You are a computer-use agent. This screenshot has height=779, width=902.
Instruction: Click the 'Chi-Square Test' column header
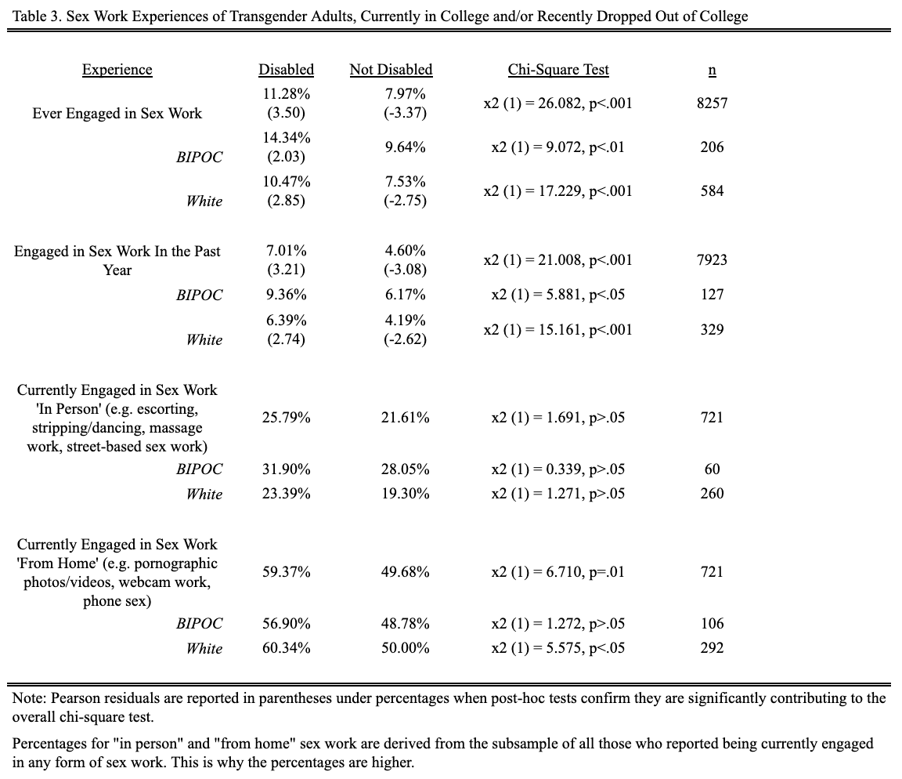click(x=558, y=70)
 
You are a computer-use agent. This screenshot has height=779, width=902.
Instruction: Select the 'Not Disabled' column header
click(x=391, y=70)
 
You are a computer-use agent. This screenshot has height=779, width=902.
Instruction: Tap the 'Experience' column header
click(x=117, y=70)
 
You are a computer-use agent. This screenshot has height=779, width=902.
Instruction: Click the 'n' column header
click(x=713, y=71)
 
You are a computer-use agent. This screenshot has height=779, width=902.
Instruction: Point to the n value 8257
click(x=713, y=103)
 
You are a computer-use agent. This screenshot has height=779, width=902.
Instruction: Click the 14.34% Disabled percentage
click(x=287, y=138)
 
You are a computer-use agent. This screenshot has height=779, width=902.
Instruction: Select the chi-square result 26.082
click(x=558, y=103)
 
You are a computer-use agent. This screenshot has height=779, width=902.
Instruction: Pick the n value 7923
click(x=713, y=259)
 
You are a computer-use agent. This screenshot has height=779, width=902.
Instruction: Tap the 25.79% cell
click(x=287, y=418)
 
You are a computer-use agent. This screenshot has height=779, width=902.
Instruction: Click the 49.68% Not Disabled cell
click(x=405, y=572)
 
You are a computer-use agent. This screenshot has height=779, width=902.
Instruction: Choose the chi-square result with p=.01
click(x=558, y=572)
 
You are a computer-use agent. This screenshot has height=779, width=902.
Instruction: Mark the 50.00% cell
click(x=405, y=647)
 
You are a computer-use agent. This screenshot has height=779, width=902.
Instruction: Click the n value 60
click(x=713, y=469)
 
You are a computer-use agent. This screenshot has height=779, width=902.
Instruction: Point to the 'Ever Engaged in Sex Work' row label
click(x=117, y=114)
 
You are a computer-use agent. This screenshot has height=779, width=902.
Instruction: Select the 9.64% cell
click(x=405, y=147)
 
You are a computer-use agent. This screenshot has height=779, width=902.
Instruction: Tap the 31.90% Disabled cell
click(x=287, y=469)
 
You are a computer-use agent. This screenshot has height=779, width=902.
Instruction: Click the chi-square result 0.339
click(x=558, y=469)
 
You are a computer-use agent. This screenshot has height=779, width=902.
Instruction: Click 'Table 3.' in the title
click(x=38, y=16)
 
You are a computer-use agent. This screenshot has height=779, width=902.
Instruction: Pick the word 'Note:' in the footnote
click(x=30, y=698)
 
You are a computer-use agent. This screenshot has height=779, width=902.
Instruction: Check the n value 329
click(x=713, y=330)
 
